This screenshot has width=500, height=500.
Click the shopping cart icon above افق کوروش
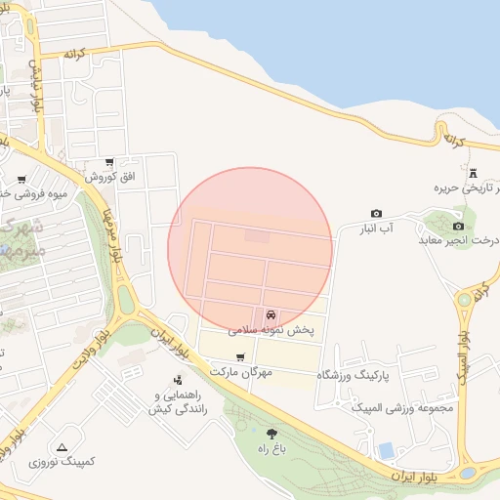pos(109,163)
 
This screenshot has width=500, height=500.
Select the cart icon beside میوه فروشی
pos(21,180)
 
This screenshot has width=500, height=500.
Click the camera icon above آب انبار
pos(376,213)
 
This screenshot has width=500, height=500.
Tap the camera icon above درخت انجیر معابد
pos(458,227)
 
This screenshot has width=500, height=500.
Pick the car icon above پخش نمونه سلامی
pos(270,315)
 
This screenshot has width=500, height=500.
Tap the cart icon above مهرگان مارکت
pos(240,357)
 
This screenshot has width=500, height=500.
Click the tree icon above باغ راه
pos(271,434)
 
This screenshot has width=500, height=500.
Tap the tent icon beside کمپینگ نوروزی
pos(62,445)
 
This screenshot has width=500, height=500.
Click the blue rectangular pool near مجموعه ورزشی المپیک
pos(387,450)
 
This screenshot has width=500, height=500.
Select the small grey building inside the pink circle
pos(257,235)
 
